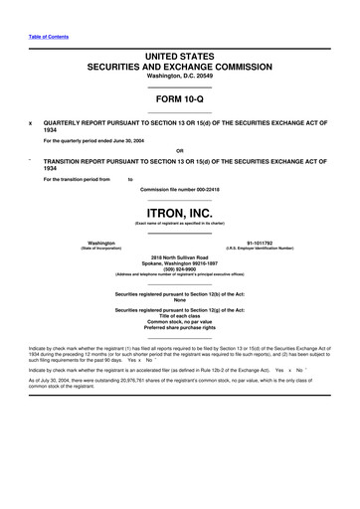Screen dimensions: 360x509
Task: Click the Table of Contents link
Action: pyautogui.click(x=48, y=37)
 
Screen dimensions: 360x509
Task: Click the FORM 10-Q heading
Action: pyautogui.click(x=179, y=99)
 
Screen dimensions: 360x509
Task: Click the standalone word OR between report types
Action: pyautogui.click(x=179, y=150)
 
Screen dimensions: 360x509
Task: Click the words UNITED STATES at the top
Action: pyautogui.click(x=179, y=56)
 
